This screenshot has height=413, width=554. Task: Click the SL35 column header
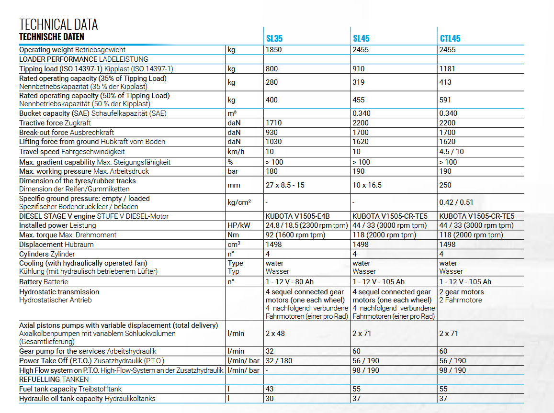tap(275, 38)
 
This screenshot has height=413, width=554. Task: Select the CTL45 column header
tap(450, 38)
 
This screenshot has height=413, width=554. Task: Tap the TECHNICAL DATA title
tap(58, 24)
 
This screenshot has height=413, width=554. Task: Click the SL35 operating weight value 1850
tap(274, 50)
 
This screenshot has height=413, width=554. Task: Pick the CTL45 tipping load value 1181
tap(447, 69)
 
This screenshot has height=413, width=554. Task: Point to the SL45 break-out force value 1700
tap(361, 132)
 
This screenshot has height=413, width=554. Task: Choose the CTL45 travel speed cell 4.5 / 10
tap(452, 152)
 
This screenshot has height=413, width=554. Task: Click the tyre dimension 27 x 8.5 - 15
tap(285, 185)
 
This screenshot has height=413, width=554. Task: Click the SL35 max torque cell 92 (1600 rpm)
tap(295, 235)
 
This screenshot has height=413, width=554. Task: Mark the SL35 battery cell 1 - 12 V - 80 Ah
tap(290, 282)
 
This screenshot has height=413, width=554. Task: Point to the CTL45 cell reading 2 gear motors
tap(462, 292)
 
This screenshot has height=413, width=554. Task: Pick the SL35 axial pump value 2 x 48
tap(275, 333)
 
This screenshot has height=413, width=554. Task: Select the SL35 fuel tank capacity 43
tap(270, 389)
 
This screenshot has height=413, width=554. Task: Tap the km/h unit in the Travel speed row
tap(236, 152)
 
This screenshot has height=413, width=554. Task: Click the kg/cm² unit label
tap(239, 202)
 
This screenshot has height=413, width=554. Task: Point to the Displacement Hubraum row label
tap(57, 245)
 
